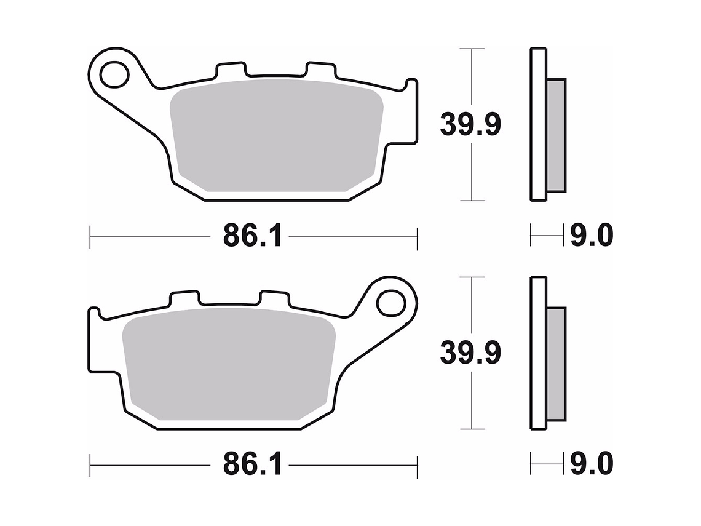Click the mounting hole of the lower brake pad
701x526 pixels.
(390, 303)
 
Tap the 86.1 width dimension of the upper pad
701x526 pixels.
(253, 236)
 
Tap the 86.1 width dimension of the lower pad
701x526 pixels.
(253, 464)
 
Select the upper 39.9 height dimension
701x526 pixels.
(470, 125)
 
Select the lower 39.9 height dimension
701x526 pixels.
(470, 353)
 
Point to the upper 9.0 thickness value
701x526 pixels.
(590, 236)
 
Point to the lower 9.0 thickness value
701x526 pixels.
(590, 464)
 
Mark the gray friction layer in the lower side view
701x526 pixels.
(556, 363)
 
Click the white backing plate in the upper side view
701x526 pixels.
(537, 123)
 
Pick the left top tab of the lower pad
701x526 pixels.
(184, 298)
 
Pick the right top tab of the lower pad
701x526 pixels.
(274, 298)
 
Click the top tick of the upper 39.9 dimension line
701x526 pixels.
(471, 48)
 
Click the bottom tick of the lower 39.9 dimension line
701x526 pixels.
(471, 429)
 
